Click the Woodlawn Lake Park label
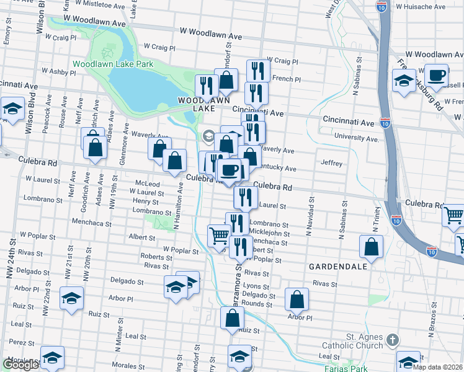click(112, 64)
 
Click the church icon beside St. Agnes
click(391, 340)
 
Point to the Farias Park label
click(346, 368)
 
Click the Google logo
click(20, 365)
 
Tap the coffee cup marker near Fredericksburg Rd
click(436, 76)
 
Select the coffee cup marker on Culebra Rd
click(230, 169)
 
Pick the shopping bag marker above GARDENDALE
click(371, 246)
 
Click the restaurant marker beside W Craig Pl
click(256, 70)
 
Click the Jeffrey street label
click(331, 164)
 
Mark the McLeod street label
click(147, 184)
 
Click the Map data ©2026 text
click(437, 367)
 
